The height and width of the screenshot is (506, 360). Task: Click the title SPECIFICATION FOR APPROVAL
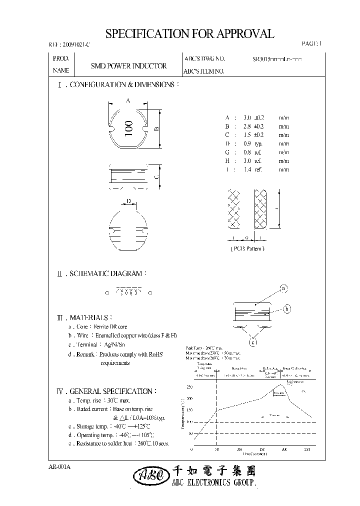click(189, 33)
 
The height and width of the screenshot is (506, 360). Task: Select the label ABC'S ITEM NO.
click(204, 71)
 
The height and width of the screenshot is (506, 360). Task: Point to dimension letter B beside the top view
click(156, 128)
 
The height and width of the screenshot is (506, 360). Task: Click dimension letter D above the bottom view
click(128, 201)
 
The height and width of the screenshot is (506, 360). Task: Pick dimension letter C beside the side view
click(156, 176)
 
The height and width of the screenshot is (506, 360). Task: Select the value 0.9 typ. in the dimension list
click(244, 143)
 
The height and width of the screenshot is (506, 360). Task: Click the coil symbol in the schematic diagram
click(128, 292)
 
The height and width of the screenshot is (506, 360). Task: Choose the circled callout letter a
click(283, 288)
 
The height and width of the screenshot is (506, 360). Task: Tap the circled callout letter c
click(253, 342)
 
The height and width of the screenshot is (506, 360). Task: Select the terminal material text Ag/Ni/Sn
click(117, 345)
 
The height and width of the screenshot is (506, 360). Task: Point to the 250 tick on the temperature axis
click(189, 387)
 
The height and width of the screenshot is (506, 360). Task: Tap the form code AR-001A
click(60, 466)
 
